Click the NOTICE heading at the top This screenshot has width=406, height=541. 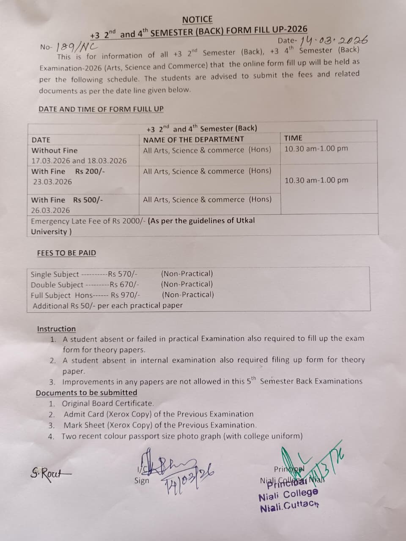[x=198, y=19]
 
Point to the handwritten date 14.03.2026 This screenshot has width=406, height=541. [x=334, y=41]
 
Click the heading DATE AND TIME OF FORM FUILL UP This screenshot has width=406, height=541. [x=101, y=109]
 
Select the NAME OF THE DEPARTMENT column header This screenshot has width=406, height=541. [x=193, y=139]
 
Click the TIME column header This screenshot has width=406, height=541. [x=293, y=138]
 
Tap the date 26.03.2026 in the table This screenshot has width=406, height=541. [x=51, y=210]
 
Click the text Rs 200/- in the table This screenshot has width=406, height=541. [x=90, y=171]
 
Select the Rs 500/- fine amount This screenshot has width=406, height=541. [x=88, y=200]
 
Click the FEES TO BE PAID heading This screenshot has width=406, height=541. [x=66, y=253]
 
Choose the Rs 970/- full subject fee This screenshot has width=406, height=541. [x=126, y=295]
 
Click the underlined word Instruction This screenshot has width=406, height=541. [x=56, y=329]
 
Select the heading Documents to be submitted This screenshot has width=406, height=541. [x=86, y=393]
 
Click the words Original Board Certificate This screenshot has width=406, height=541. [x=107, y=403]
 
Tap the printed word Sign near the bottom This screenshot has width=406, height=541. [x=142, y=481]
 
